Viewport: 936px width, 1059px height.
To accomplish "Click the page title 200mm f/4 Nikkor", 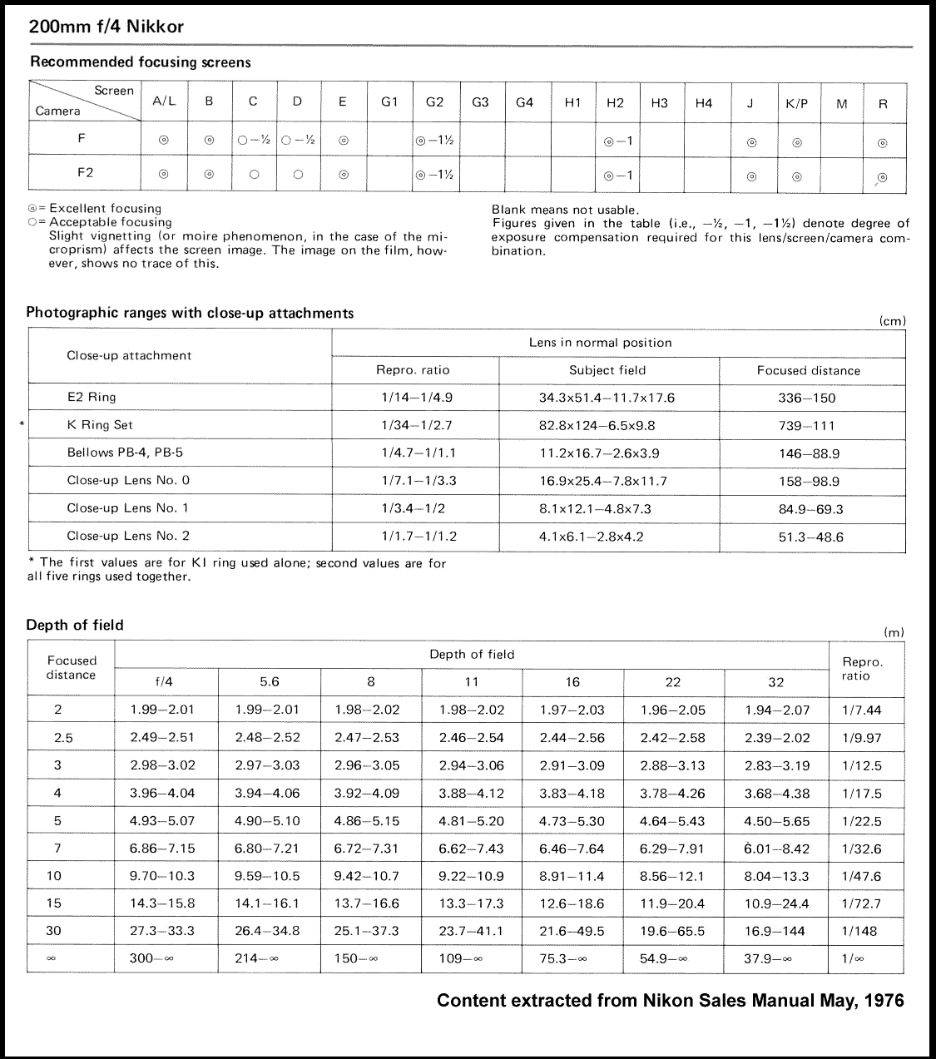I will coord(106,27).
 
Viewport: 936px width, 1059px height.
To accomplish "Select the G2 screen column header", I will coord(434,102).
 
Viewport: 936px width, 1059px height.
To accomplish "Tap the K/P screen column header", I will coord(796,103).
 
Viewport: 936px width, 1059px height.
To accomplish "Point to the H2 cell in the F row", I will coord(618,141).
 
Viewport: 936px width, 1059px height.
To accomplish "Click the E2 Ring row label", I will coord(92,397).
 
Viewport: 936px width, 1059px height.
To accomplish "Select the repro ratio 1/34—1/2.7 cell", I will coord(416,425).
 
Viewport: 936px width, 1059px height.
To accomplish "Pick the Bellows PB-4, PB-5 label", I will coord(125,453).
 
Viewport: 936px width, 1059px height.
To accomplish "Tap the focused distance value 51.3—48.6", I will coord(810,537).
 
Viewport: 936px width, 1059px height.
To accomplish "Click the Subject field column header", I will coord(607,370).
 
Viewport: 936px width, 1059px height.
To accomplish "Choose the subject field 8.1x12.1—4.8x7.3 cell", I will coord(595,508).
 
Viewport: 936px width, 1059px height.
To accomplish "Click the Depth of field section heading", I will coord(75,625).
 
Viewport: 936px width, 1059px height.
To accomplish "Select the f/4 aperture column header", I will coord(165,682).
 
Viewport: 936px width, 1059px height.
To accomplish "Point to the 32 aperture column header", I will coord(775,682).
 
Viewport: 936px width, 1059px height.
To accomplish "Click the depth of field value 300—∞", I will coord(151,958).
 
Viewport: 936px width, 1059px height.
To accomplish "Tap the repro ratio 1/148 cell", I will coord(860,931).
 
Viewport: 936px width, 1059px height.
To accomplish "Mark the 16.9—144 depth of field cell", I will coord(775,931).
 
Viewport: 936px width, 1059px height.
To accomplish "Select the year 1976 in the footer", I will coord(882,1001).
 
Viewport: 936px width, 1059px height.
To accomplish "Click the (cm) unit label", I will coord(892,321).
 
